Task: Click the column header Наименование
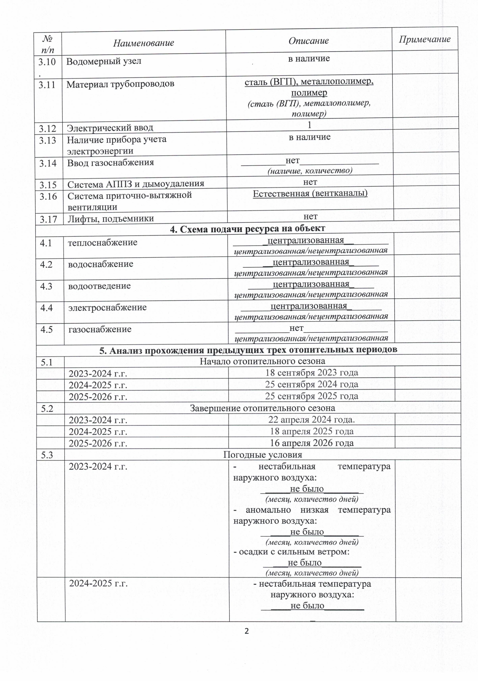pos(143,43)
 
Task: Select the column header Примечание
pos(424,39)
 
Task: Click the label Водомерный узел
pos(104,61)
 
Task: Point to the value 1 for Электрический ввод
pos(309,125)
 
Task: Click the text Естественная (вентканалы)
pos(310,193)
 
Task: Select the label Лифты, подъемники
pos(111,218)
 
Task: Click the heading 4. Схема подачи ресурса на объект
pos(248,228)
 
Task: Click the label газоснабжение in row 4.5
pos(100,329)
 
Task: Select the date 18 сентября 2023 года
pos(311,373)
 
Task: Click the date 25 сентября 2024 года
pos(311,384)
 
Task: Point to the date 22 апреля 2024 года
pos(311,420)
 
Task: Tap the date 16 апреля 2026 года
pos(311,443)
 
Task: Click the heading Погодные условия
pos(263,455)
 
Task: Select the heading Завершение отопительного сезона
pos(262,408)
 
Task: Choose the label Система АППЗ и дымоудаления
pos(136,184)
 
